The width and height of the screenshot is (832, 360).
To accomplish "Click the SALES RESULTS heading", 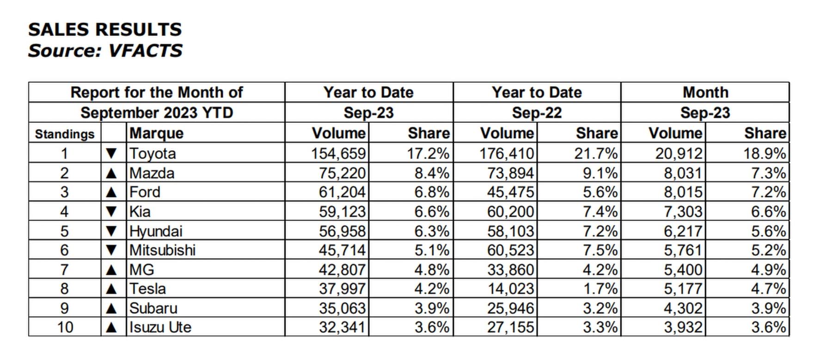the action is click(105, 30).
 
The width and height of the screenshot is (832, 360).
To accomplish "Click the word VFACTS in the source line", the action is click(145, 50).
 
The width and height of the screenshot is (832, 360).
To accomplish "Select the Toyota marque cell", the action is click(153, 153).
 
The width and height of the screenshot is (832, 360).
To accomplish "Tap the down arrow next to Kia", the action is click(111, 212).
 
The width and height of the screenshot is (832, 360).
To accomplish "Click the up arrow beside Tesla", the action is click(111, 289).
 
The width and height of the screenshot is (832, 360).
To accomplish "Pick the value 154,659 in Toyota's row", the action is click(338, 153).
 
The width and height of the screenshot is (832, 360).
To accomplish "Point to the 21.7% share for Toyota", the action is click(596, 153).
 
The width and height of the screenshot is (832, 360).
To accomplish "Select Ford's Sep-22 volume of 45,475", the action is click(510, 192).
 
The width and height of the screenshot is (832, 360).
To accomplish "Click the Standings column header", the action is click(65, 134).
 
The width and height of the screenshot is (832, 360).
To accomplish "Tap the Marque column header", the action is click(157, 133).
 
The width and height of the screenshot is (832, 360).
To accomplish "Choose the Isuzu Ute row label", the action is click(160, 327).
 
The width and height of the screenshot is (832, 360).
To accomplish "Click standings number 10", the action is click(65, 327).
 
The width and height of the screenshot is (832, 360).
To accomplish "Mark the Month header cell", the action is click(705, 92).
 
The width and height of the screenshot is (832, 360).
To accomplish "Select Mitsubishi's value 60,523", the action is click(510, 250).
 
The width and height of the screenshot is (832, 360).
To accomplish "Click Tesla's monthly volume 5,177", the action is click(683, 289).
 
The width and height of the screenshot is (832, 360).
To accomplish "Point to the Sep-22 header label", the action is click(537, 113).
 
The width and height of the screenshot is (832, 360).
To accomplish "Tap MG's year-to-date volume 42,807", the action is click(342, 269).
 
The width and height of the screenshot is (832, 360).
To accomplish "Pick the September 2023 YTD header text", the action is click(157, 113).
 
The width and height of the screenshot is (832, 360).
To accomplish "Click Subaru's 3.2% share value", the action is click(600, 308).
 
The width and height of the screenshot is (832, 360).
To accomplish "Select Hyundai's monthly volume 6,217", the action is click(683, 231).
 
